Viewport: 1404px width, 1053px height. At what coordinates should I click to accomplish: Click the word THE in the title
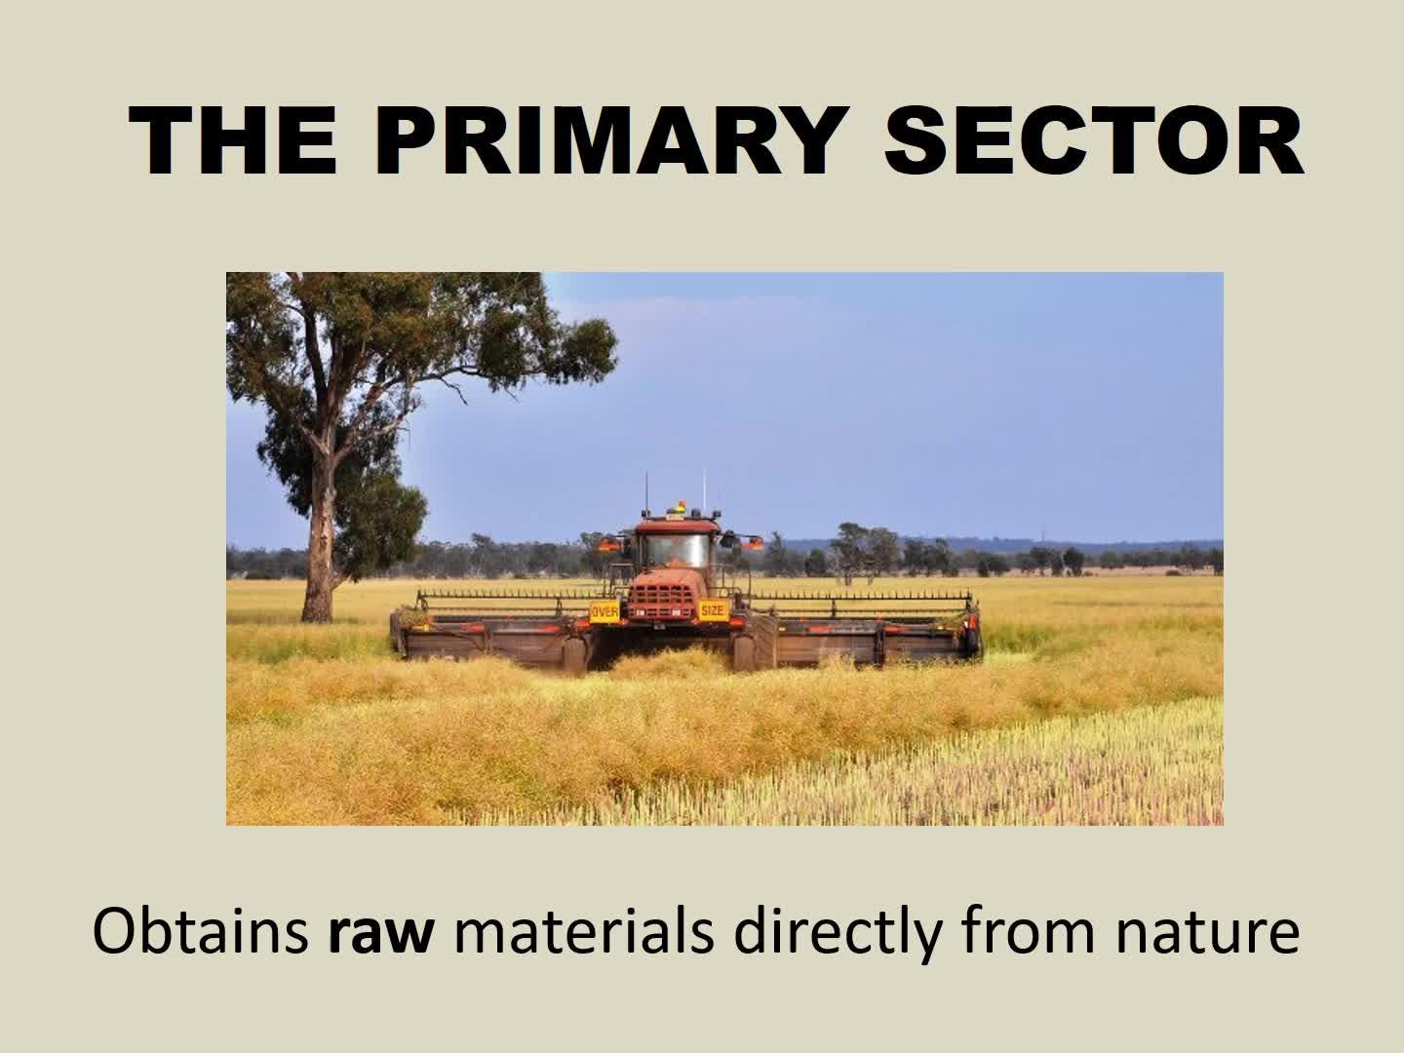point(232,140)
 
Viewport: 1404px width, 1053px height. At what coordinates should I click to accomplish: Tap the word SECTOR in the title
point(1093,140)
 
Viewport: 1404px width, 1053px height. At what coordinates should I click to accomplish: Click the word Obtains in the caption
point(201,931)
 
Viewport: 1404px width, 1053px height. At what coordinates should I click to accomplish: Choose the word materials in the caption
point(583,931)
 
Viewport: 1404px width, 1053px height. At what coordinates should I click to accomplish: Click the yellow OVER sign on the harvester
point(604,612)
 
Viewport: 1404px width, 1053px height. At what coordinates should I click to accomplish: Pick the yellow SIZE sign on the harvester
point(712,610)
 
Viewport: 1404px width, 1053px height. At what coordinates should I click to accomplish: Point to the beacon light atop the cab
point(682,506)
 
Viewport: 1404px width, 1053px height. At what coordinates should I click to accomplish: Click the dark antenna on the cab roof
point(646,493)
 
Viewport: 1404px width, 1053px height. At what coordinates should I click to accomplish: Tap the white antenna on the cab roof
point(704,491)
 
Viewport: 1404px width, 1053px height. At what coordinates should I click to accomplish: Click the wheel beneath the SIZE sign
point(745,653)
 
